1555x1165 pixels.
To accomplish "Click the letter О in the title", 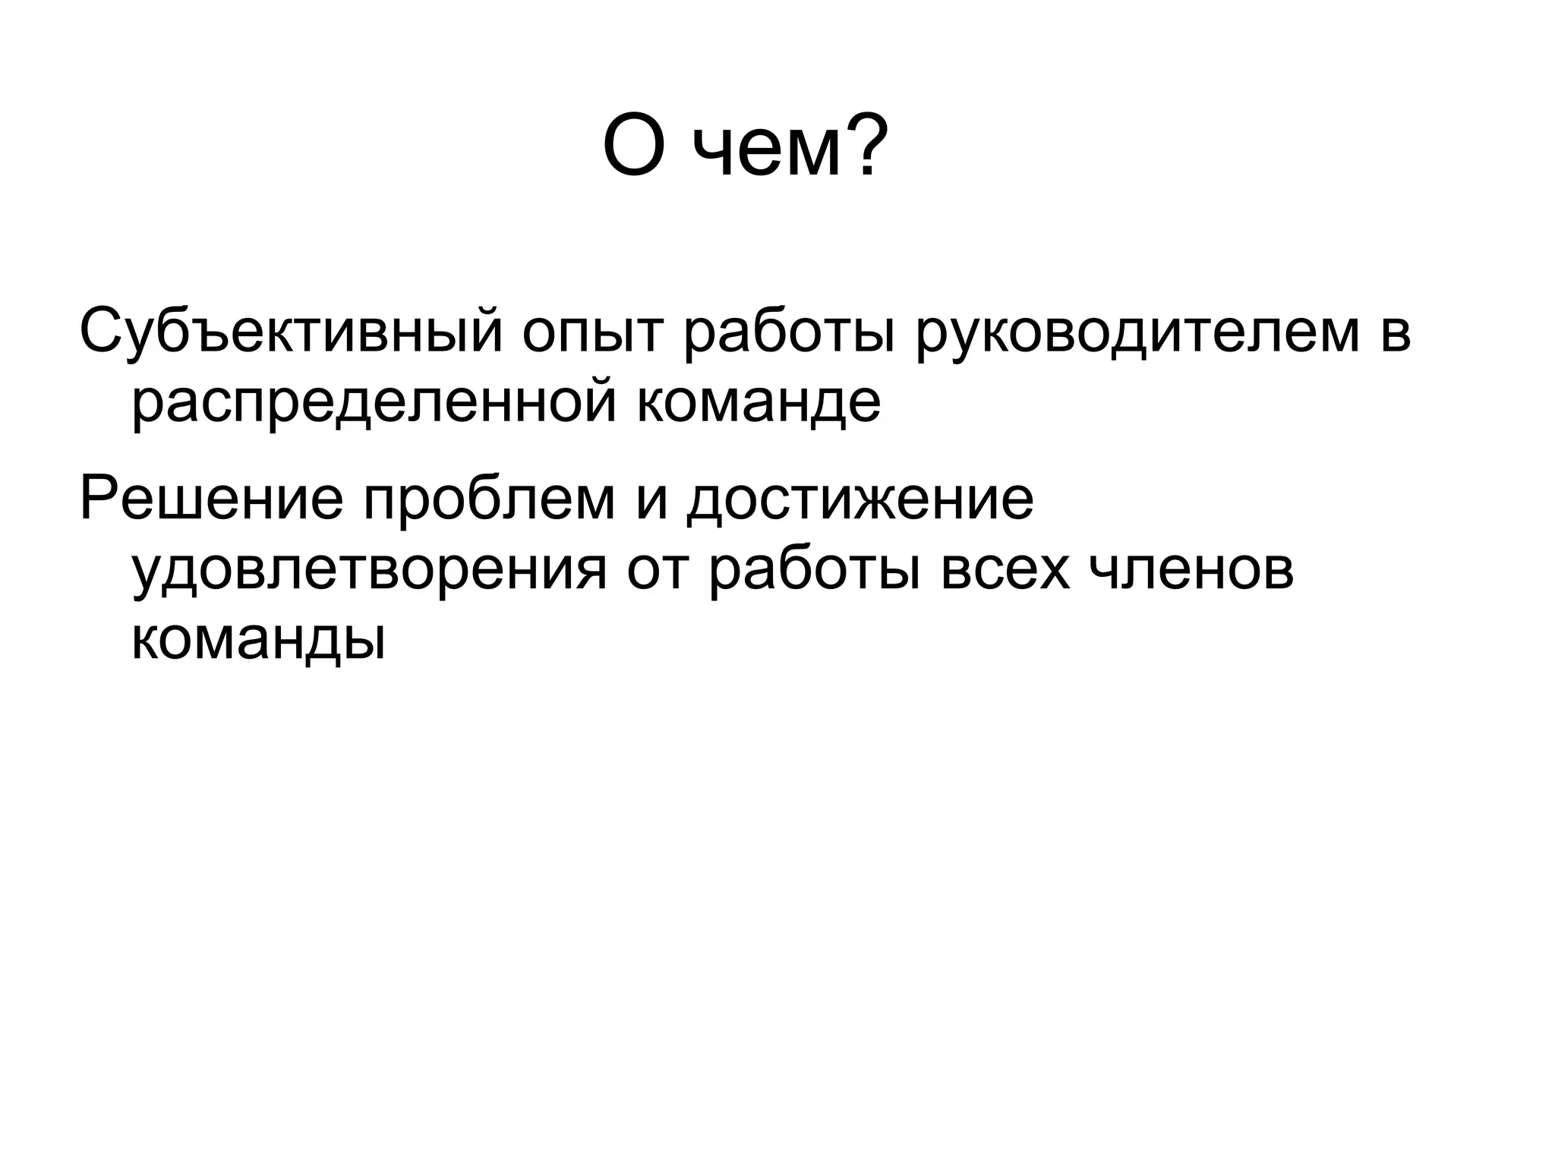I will click(635, 146).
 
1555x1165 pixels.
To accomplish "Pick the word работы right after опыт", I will click(789, 332).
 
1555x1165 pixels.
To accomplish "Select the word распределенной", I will click(374, 405).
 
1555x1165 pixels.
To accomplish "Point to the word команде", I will click(759, 405).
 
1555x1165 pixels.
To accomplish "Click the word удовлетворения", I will click(370, 573).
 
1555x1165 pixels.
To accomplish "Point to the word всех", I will click(1005, 573).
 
